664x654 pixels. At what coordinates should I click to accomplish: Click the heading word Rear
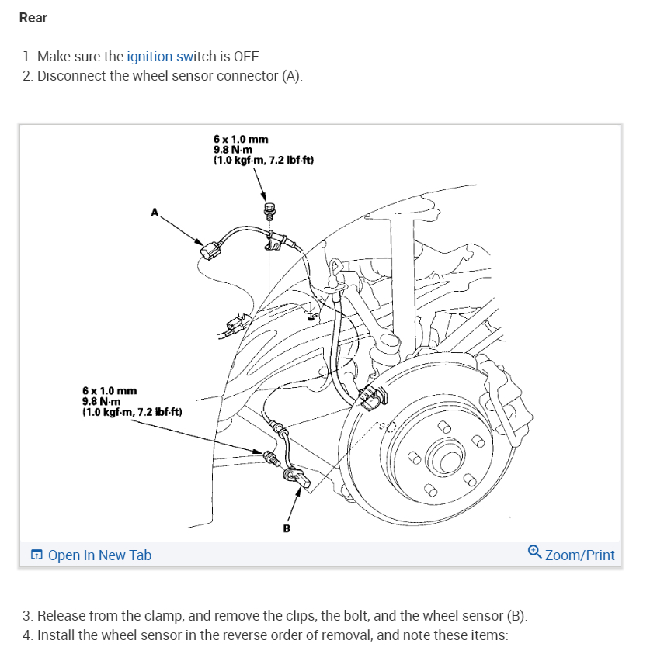tap(33, 18)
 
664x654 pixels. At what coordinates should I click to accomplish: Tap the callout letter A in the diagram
tap(155, 211)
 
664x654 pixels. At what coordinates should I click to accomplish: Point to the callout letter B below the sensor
tap(287, 528)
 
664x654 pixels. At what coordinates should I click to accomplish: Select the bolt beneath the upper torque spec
tap(270, 209)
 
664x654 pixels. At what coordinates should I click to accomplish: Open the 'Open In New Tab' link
tap(99, 555)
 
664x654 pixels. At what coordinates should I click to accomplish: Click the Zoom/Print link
tap(579, 555)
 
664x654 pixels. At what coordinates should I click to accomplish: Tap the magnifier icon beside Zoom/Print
tap(534, 552)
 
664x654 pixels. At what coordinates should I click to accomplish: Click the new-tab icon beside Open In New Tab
tap(37, 555)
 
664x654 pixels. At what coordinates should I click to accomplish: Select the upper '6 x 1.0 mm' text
tap(241, 140)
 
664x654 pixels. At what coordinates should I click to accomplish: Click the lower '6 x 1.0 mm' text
tap(110, 392)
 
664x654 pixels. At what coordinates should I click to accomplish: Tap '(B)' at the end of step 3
tap(516, 616)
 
